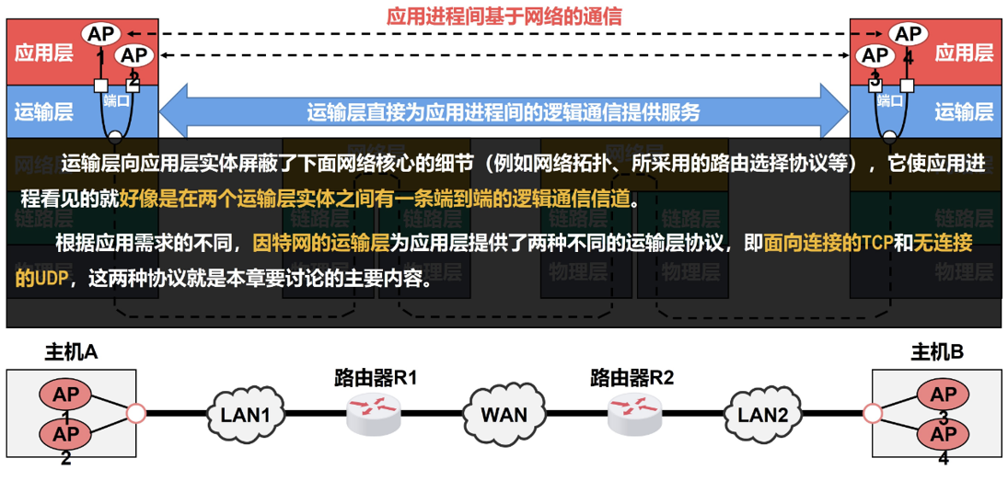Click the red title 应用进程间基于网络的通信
click(504, 16)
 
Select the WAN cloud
click(504, 414)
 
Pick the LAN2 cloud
click(763, 414)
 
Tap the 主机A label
click(71, 352)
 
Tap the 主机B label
click(937, 352)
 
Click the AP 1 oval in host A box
click(65, 395)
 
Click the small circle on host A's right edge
click(136, 414)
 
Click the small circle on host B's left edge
click(872, 414)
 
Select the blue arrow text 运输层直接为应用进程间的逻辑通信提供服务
click(504, 112)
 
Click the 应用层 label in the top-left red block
click(43, 52)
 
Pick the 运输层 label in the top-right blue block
click(964, 112)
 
